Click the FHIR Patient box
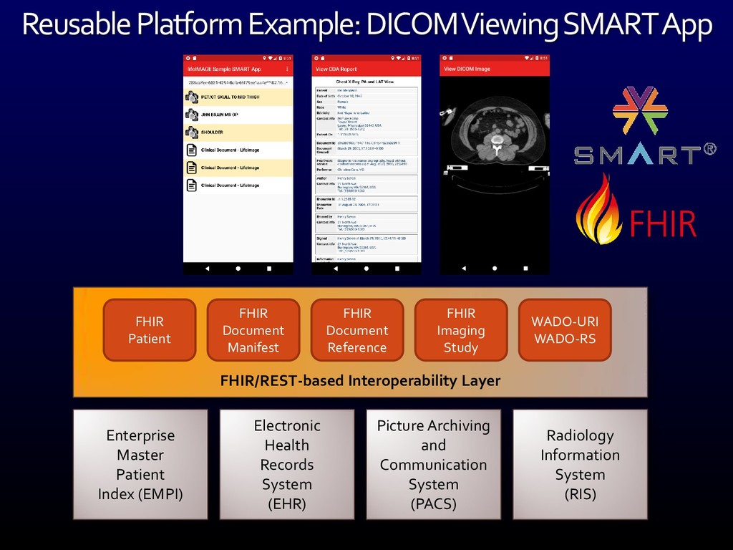point(150,330)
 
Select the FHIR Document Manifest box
point(253,330)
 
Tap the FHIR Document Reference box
point(357,330)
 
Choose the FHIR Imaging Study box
point(461,330)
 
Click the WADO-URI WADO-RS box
point(565,330)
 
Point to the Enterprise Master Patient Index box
point(141,464)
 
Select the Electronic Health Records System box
point(287,464)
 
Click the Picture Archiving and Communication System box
point(433,464)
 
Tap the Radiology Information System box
point(580,464)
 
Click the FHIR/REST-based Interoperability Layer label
point(360,380)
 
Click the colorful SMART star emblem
point(636,111)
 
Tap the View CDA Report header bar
point(366,69)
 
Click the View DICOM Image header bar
point(495,69)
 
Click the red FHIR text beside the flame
point(663,223)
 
